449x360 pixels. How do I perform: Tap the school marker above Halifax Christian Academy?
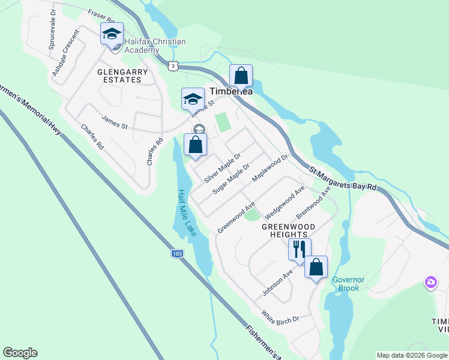[112, 34]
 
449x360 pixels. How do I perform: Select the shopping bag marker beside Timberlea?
[241, 76]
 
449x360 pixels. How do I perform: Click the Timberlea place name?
[231, 92]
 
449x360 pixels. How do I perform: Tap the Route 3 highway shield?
[173, 66]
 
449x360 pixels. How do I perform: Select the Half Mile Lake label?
[187, 212]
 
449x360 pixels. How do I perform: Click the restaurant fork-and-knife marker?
[299, 249]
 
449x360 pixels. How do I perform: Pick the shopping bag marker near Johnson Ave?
[316, 268]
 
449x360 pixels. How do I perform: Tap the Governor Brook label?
[345, 284]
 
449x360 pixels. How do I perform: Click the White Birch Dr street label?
[280, 317]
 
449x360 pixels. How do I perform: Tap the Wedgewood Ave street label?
[285, 200]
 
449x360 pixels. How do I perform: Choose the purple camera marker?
[430, 282]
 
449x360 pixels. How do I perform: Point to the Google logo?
[20, 353]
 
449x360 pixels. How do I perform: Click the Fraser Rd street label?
[101, 14]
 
